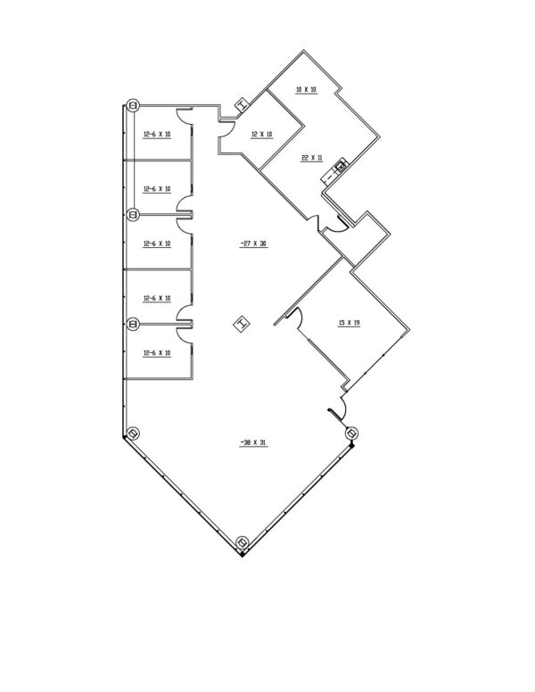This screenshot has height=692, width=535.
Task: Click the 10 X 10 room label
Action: [306, 89]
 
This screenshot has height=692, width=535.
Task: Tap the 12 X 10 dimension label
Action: [262, 134]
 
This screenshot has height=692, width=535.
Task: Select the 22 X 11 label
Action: [312, 158]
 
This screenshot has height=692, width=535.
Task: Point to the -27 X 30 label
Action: [254, 243]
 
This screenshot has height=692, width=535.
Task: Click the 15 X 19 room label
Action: [349, 323]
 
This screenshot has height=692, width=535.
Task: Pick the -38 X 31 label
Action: [254, 442]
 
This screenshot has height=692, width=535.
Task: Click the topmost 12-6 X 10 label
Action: [157, 134]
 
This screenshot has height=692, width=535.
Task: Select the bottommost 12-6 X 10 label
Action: [157, 353]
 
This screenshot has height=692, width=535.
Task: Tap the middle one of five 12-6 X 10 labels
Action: [157, 243]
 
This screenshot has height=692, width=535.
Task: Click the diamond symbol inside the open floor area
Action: [241, 325]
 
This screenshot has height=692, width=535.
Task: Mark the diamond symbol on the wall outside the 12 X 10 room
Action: [242, 105]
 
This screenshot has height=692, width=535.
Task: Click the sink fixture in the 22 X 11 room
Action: [341, 167]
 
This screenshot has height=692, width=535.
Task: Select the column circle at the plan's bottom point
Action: [243, 542]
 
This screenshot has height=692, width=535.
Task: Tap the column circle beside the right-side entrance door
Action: [351, 433]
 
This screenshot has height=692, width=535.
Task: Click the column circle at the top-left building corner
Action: [133, 105]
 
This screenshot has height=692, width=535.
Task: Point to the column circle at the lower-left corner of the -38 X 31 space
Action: [133, 433]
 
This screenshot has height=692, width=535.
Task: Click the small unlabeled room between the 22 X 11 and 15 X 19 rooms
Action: [356, 239]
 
